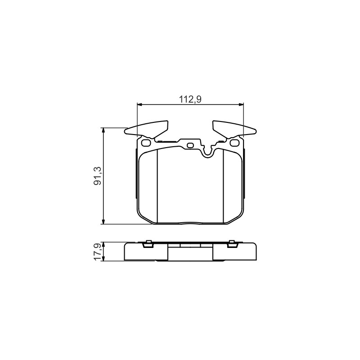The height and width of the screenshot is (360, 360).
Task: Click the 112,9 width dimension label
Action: (x=190, y=99)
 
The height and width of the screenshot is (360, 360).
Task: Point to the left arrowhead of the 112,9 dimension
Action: (x=139, y=105)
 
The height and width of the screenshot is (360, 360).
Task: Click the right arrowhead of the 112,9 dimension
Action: (x=241, y=105)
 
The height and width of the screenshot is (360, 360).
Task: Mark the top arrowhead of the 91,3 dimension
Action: (x=103, y=130)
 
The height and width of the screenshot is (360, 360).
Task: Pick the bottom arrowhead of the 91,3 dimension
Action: (x=103, y=221)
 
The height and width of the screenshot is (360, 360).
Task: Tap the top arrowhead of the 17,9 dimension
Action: (x=103, y=244)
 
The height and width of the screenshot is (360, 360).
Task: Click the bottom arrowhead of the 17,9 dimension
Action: (x=103, y=258)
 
